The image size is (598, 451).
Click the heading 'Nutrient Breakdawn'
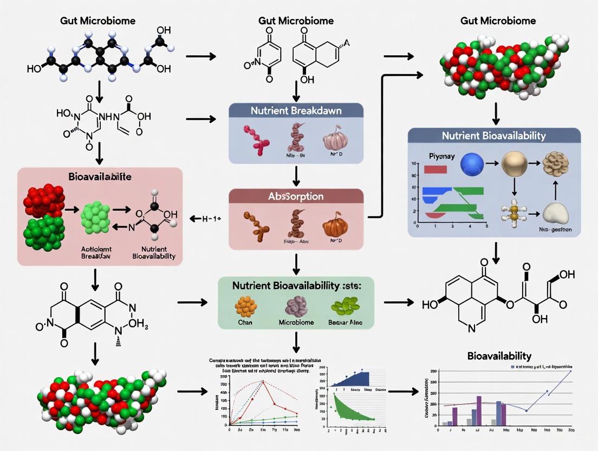pyautogui.click(x=296, y=110)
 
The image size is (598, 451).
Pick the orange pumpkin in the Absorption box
pyautogui.click(x=333, y=227)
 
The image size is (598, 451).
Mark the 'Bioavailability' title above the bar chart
pyautogui.click(x=498, y=356)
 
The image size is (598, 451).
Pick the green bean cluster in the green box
pyautogui.click(x=345, y=307)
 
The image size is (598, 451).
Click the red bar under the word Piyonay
pyautogui.click(x=435, y=170)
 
